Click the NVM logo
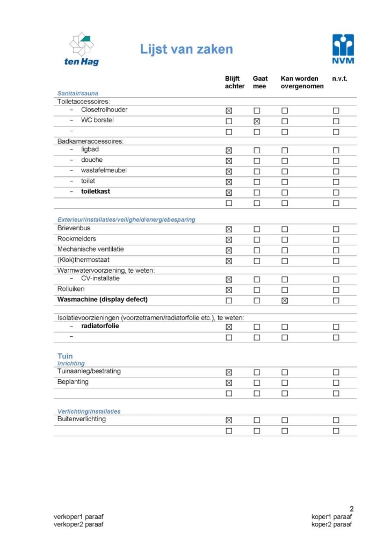pos(343,49)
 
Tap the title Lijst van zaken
pos(186,49)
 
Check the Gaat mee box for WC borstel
pos(257,121)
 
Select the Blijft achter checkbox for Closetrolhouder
pos(229,110)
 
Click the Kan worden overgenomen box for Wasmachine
pos(285,301)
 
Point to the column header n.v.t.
pos(339,79)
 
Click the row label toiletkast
pos(96,191)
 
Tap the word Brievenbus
pos(74,228)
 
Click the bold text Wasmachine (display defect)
pos(102,300)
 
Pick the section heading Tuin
pos(65,356)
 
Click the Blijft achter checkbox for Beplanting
pos(229,383)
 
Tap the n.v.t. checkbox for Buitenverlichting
pos(336,420)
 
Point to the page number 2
pos(351,509)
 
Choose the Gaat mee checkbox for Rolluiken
pos(257,290)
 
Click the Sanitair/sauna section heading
pos(78,93)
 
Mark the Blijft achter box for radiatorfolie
pos(229,326)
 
